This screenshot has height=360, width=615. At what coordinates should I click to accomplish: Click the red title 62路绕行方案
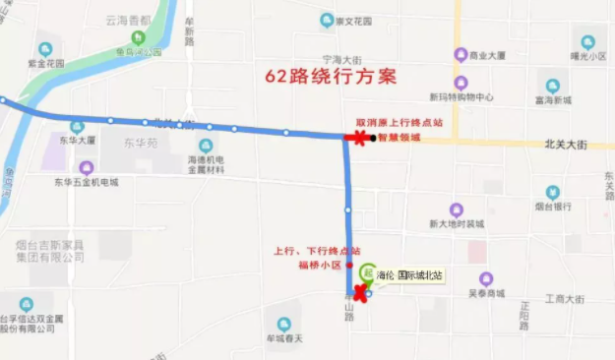coord(331,76)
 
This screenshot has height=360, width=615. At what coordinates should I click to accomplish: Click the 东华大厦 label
coord(77,140)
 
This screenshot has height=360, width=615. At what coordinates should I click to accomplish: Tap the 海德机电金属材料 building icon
coord(206,146)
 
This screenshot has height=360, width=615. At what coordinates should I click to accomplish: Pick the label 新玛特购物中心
coord(461,96)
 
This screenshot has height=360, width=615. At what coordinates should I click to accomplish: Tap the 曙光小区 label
coord(588,56)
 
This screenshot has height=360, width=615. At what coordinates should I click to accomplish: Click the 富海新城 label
coord(553,99)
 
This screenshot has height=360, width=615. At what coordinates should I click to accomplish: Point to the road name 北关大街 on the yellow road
coord(565,145)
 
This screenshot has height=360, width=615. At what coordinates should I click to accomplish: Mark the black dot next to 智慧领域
coord(373,138)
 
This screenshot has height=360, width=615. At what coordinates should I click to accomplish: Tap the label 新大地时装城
coord(457,223)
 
